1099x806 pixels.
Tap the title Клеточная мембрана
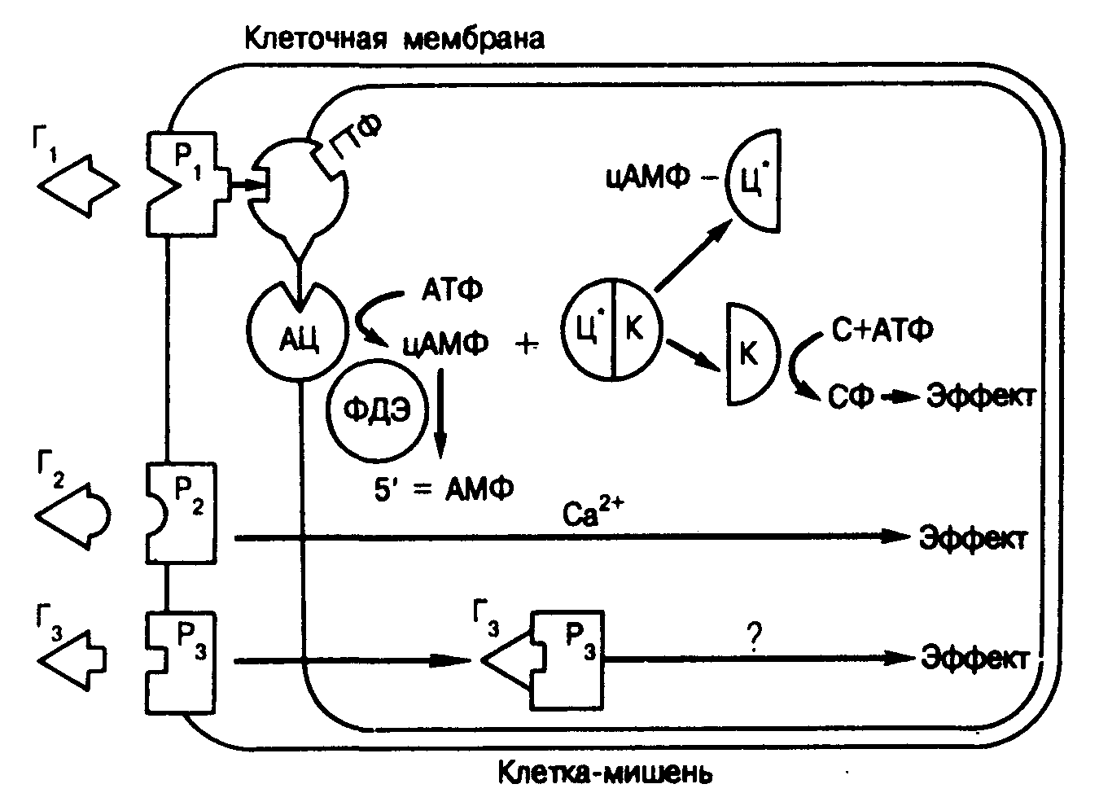(x=394, y=38)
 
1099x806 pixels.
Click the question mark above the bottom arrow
(x=753, y=642)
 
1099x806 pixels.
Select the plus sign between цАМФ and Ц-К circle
(x=528, y=345)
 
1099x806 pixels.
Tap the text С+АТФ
(x=882, y=330)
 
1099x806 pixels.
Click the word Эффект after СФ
(x=981, y=396)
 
